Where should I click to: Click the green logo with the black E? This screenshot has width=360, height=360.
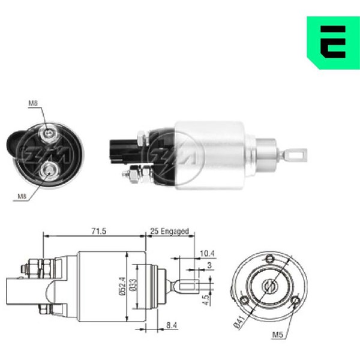click(334, 43)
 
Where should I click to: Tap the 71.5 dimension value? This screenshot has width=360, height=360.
click(99, 231)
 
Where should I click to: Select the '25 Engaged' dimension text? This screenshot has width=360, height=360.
click(169, 231)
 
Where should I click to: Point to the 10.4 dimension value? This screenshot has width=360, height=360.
click(207, 253)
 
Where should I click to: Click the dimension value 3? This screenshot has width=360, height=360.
click(209, 265)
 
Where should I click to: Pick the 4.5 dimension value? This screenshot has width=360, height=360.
click(207, 300)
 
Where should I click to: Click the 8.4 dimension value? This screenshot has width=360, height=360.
click(172, 325)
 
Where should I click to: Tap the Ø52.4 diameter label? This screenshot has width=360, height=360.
click(122, 286)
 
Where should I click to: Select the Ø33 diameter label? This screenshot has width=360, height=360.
click(133, 285)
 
